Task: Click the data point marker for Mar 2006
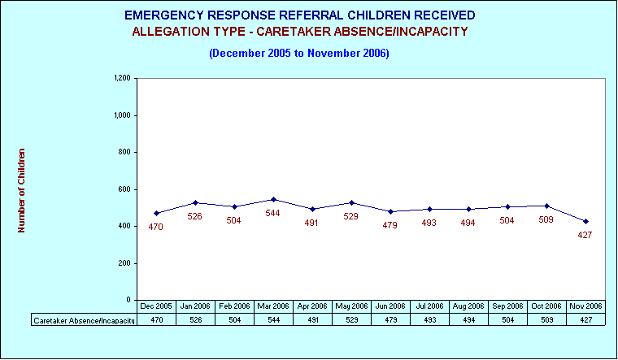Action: [x=273, y=199]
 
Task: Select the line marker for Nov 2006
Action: [x=585, y=221]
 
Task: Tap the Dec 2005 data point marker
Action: [x=156, y=213]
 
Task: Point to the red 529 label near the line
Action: [x=350, y=216]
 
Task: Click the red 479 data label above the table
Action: [x=390, y=225]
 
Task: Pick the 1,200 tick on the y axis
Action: [x=122, y=78]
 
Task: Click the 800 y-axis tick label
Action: [x=124, y=152]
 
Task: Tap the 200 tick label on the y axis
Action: [x=124, y=263]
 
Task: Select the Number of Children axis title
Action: [x=21, y=190]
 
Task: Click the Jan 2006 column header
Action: [x=195, y=306]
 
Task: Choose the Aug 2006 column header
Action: [x=468, y=306]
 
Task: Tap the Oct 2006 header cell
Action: [x=546, y=306]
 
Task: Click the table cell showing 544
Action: [x=273, y=320]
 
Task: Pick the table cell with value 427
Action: [x=585, y=320]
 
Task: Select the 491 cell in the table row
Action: [x=312, y=320]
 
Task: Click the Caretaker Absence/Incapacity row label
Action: [x=84, y=320]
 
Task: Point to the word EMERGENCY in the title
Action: [x=164, y=15]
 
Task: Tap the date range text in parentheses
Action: [x=299, y=53]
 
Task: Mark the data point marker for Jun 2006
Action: [x=390, y=211]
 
